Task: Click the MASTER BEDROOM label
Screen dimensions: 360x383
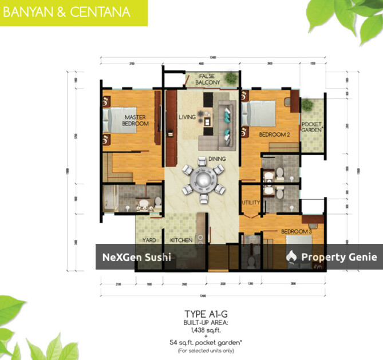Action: click(136, 120)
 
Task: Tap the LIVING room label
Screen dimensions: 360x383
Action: click(187, 117)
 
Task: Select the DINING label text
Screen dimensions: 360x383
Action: click(217, 159)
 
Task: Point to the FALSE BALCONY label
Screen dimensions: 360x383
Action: click(208, 80)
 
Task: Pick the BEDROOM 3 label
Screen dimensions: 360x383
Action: click(296, 231)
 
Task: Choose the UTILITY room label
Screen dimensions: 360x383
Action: click(251, 203)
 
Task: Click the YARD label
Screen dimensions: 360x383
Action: click(149, 240)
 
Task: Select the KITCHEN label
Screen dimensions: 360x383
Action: click(181, 240)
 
